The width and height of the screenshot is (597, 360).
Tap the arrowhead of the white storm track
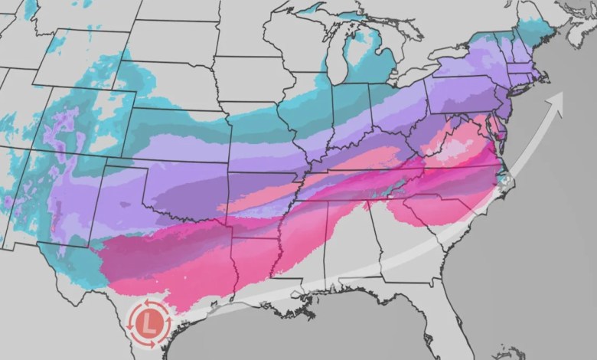pyautogui.click(x=556, y=98)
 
